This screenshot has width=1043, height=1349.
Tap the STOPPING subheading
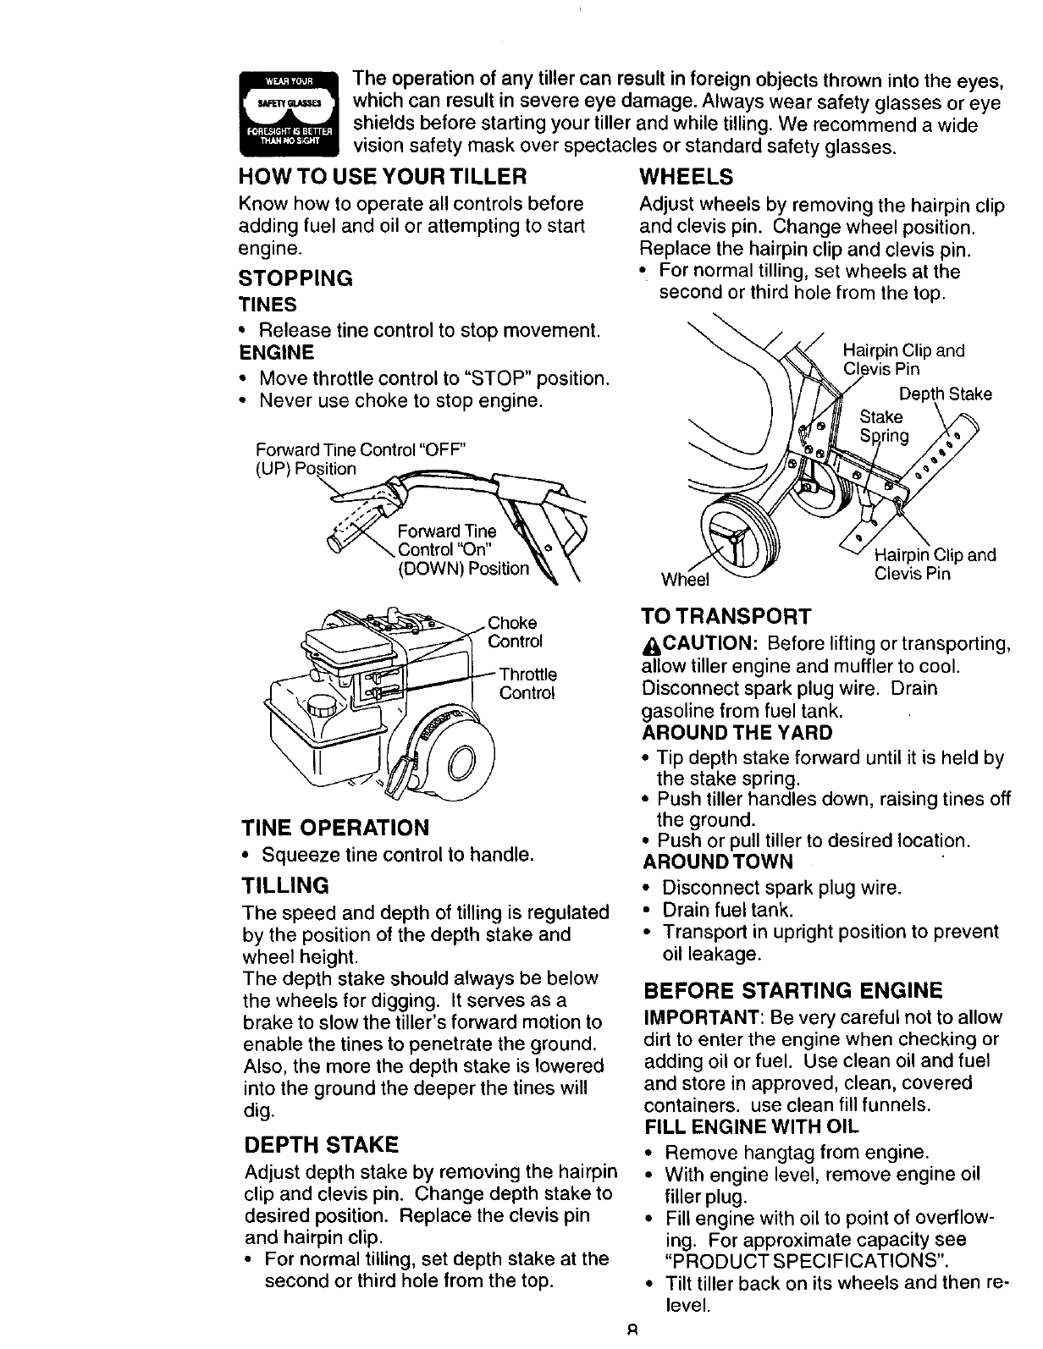point(295,278)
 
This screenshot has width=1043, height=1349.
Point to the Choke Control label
point(516,632)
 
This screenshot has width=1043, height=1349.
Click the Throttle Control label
point(527,684)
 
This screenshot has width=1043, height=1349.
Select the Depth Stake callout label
point(945,394)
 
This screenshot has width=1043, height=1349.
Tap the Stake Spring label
point(883,426)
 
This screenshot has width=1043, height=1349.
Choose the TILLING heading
point(285,885)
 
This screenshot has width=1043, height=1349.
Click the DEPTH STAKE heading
point(320,1145)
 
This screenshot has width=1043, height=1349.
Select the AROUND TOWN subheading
point(718,862)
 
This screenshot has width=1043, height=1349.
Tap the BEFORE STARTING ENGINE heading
point(792,990)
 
